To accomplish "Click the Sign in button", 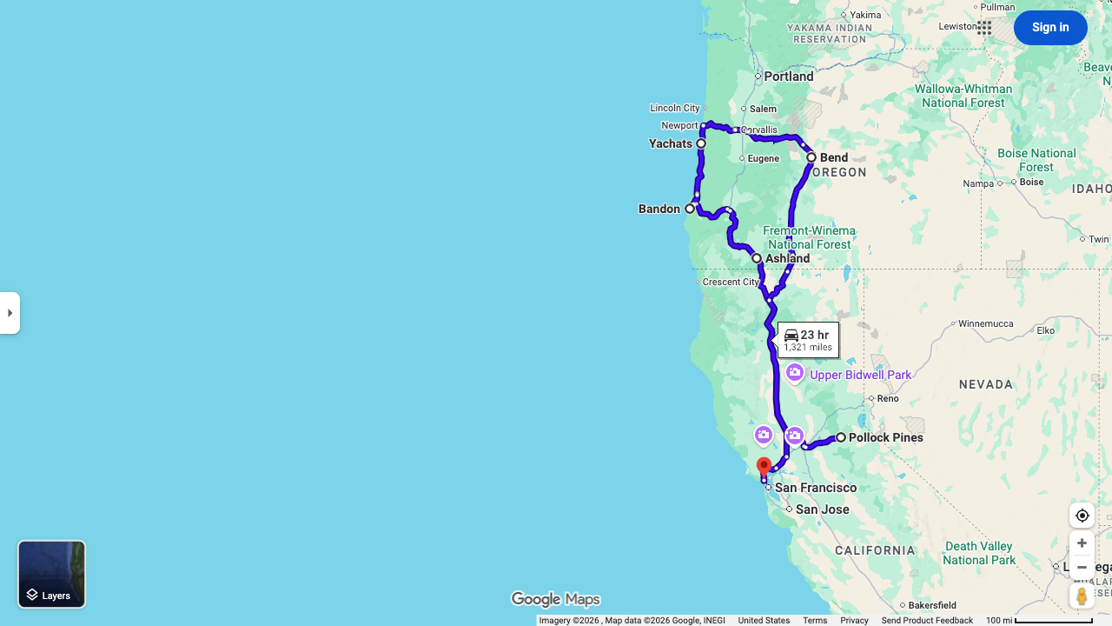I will (x=1049, y=28).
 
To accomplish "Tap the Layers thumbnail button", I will (x=51, y=574).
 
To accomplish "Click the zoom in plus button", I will (x=1082, y=543).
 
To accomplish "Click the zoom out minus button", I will (x=1082, y=568).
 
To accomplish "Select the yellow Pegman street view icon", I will (x=1082, y=596).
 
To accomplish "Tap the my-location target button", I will (x=1082, y=516).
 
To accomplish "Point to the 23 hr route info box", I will (x=808, y=340).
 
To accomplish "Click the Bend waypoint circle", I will (x=811, y=157).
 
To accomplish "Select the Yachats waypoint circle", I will (x=701, y=143).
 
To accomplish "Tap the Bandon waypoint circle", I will (x=690, y=209).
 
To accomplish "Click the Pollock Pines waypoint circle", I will (x=841, y=437).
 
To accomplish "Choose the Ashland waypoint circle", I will (x=757, y=258).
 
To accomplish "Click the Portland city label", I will (x=789, y=77).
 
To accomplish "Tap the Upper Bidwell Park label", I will (x=860, y=375).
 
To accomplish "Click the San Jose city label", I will (x=822, y=509).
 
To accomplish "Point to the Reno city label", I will (x=887, y=398).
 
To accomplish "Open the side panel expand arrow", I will (x=10, y=313).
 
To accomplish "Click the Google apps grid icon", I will (x=984, y=28).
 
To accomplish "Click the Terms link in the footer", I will (x=815, y=621).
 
